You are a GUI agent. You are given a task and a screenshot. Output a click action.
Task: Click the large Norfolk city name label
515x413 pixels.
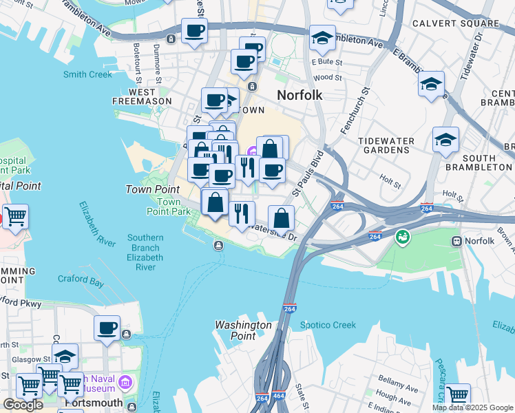click(299, 95)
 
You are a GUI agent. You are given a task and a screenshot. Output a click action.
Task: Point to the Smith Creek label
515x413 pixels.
click(87, 74)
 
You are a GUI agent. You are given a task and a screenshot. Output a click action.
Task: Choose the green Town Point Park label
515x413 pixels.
click(174, 206)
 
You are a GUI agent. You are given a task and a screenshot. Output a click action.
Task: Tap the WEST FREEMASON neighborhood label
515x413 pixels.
click(141, 96)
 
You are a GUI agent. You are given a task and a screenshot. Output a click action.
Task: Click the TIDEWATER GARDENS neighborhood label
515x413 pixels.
click(386, 146)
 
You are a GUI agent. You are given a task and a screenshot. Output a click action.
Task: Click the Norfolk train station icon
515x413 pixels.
click(456, 241)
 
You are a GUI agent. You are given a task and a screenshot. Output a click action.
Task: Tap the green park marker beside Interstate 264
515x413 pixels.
click(402, 238)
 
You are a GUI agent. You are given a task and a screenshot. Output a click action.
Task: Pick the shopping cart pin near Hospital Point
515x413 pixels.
click(15, 216)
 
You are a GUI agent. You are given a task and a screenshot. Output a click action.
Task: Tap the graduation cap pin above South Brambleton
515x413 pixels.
click(445, 139)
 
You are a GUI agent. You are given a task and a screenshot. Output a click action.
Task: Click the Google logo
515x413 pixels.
click(23, 405)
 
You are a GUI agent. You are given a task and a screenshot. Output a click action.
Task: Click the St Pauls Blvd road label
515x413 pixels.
click(308, 173)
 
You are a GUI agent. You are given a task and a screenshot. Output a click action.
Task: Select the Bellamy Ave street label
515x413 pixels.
click(398, 384)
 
